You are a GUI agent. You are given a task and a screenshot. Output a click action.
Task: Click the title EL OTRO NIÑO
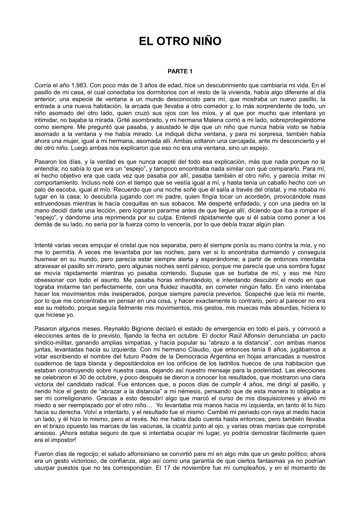point(180,41)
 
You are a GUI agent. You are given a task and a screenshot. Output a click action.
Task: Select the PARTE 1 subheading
point(180,71)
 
